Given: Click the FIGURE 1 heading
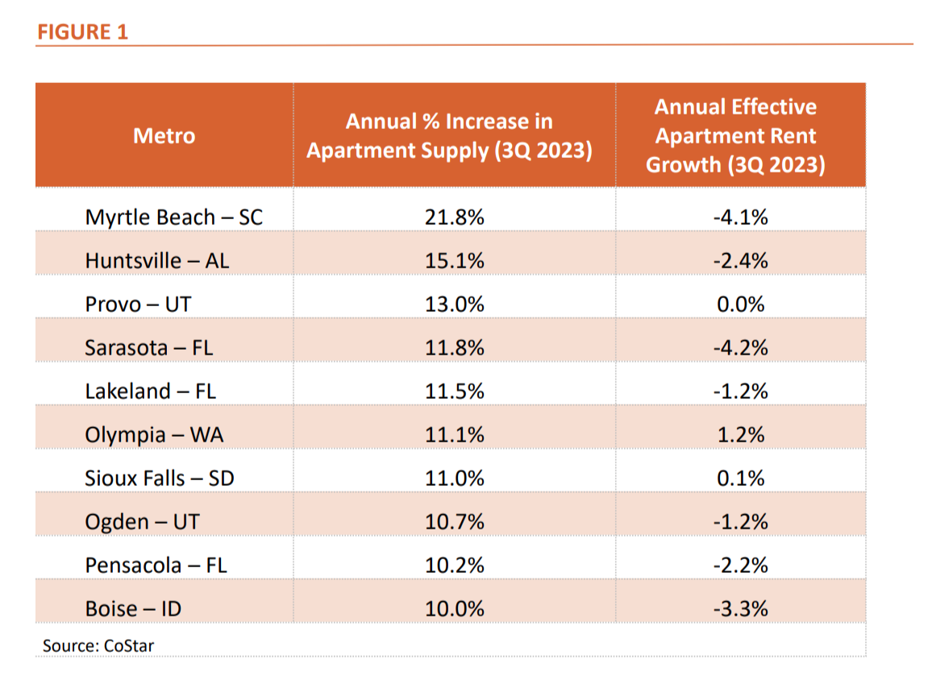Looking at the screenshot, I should (x=81, y=32).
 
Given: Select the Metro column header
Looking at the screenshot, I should (x=164, y=135).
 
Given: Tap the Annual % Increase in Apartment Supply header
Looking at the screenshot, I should (x=449, y=135).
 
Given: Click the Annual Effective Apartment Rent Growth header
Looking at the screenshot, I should (x=735, y=135).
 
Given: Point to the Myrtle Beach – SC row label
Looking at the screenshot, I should (x=174, y=218).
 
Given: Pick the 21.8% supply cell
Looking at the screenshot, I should (x=455, y=218).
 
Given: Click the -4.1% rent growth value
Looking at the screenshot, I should (x=740, y=218).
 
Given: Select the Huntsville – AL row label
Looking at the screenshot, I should (x=157, y=261).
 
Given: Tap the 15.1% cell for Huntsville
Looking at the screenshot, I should (x=455, y=261).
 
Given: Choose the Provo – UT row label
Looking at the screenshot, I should (x=139, y=305).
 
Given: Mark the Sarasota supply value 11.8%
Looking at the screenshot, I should (x=455, y=348).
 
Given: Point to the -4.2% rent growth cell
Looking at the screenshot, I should (x=740, y=348).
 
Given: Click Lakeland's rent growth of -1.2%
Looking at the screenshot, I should (x=740, y=392).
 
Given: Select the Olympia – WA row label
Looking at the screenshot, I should (x=154, y=435).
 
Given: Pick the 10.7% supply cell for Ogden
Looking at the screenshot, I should (x=455, y=522).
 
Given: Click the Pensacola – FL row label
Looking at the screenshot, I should (x=156, y=566).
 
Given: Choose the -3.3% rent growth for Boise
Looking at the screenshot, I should (x=740, y=609).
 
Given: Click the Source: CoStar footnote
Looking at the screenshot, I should (x=98, y=645).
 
